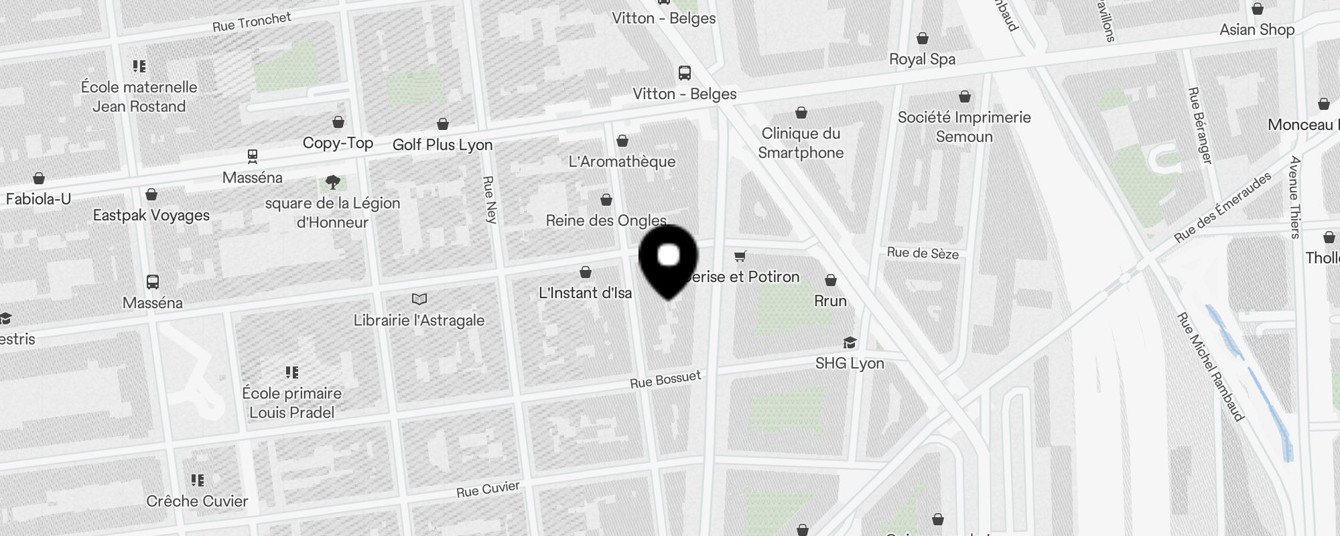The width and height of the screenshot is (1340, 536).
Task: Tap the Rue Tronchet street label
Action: click(251, 22)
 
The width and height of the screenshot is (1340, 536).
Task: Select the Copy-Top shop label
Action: click(338, 143)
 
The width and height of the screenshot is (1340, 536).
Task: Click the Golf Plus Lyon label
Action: click(442, 145)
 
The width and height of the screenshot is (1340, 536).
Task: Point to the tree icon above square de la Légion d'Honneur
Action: click(332, 182)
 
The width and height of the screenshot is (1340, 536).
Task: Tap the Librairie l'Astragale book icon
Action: click(419, 299)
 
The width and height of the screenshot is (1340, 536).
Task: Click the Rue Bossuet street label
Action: click(665, 379)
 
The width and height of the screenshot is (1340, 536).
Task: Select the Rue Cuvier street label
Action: click(488, 490)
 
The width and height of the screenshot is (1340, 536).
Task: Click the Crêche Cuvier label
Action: click(197, 501)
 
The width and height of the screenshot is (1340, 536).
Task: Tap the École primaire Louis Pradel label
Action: click(292, 403)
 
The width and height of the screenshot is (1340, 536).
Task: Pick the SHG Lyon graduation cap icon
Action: click(850, 343)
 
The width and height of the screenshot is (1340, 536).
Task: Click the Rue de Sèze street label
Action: click(923, 253)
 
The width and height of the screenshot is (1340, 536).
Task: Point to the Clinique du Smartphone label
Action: click(801, 143)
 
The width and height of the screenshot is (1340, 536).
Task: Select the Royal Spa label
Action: click(922, 59)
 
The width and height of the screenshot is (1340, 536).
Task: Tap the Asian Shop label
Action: click(1257, 29)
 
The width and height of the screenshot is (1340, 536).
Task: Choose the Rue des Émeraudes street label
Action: click(1222, 207)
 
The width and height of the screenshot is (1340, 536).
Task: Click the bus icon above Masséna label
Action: click(153, 282)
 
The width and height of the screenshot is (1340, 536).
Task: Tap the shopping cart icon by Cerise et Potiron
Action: click(740, 256)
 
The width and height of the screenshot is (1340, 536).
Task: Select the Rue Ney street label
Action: click(490, 199)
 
